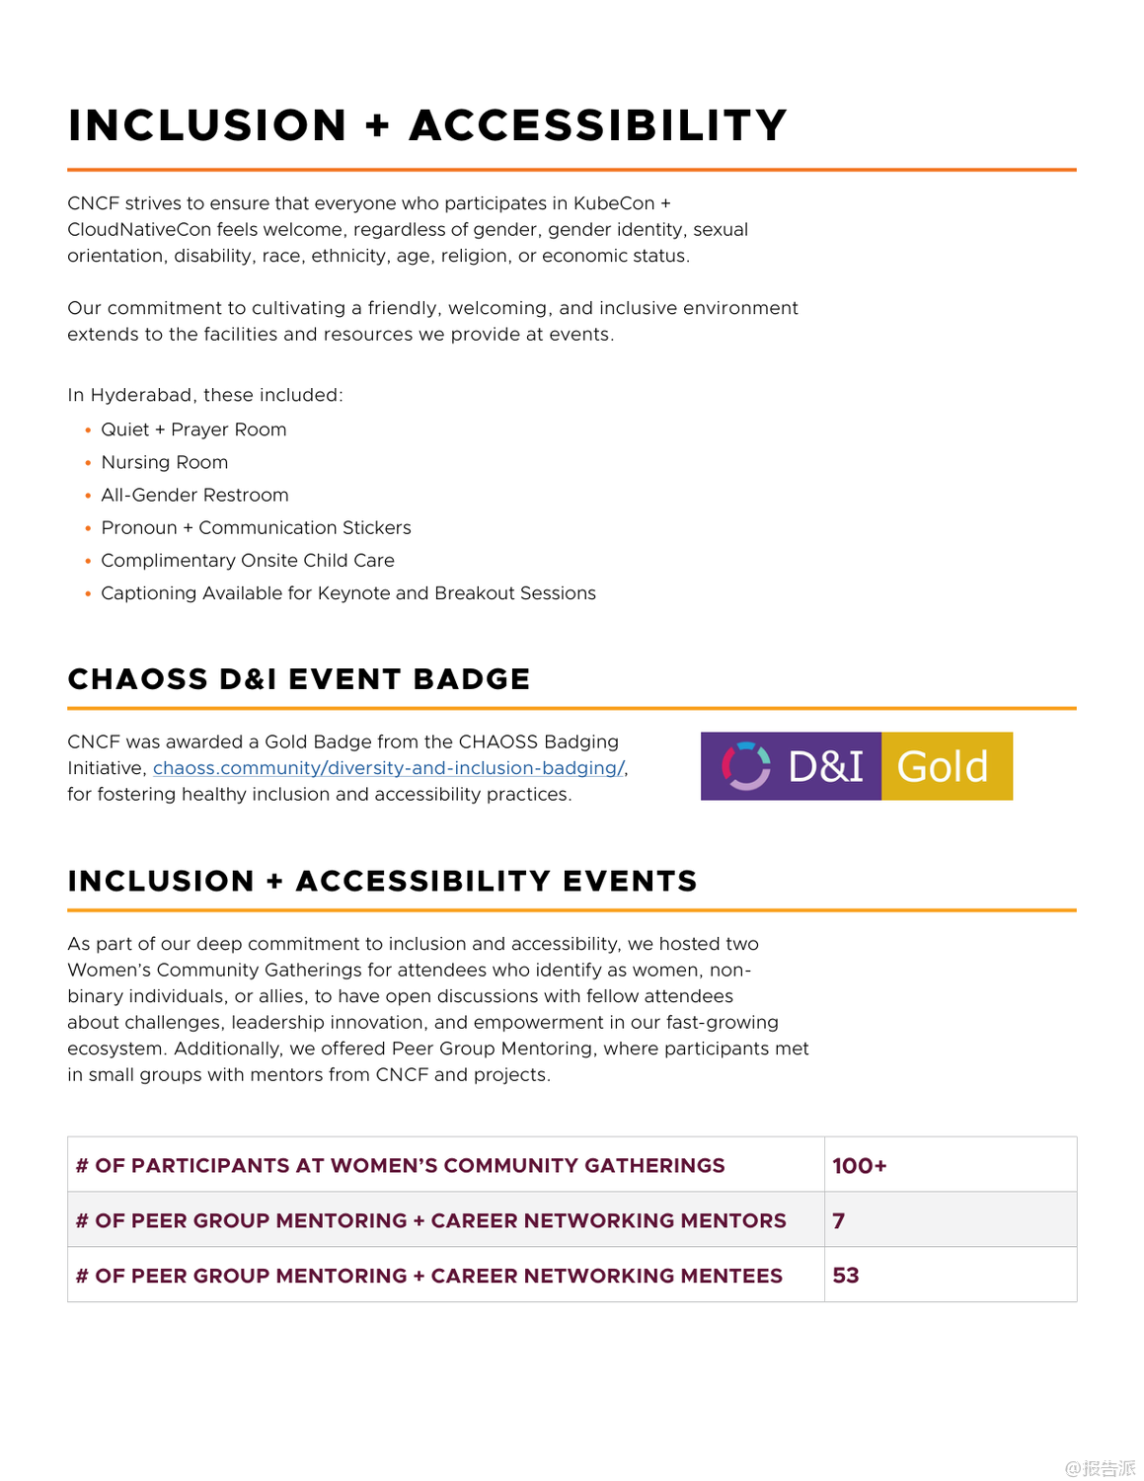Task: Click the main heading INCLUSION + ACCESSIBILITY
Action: point(426,126)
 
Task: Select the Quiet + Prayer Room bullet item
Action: point(193,429)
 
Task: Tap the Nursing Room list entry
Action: point(164,462)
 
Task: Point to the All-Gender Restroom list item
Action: point(194,495)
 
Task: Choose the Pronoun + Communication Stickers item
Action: point(256,527)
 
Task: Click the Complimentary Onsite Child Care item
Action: point(247,560)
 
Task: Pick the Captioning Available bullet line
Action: point(347,592)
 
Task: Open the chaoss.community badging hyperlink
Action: point(388,768)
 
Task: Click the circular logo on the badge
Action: point(746,766)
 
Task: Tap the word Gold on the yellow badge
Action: point(943,767)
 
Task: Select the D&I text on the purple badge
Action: point(825,767)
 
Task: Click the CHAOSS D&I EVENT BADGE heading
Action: point(298,679)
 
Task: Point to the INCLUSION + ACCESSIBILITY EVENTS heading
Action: point(382,881)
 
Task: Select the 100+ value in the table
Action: point(859,1166)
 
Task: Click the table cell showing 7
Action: point(839,1221)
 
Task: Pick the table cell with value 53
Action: point(846,1276)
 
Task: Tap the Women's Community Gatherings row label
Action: point(400,1166)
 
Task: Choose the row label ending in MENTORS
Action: point(430,1221)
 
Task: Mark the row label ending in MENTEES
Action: point(428,1276)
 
